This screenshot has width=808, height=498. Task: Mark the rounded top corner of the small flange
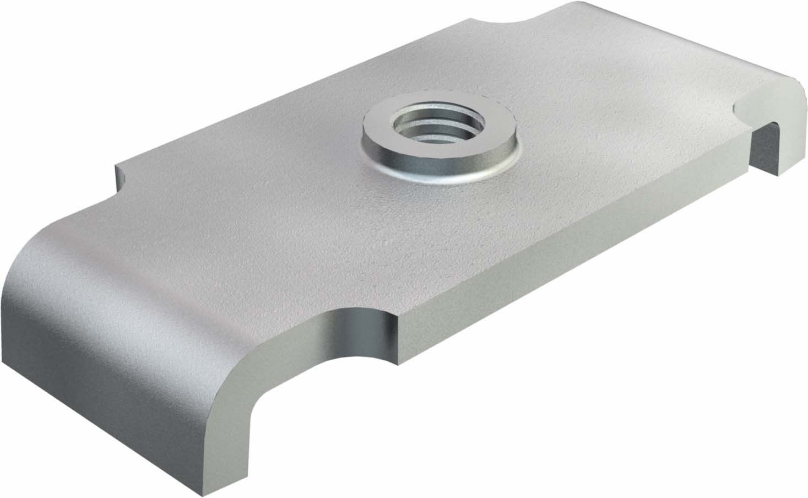click(793, 83)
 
